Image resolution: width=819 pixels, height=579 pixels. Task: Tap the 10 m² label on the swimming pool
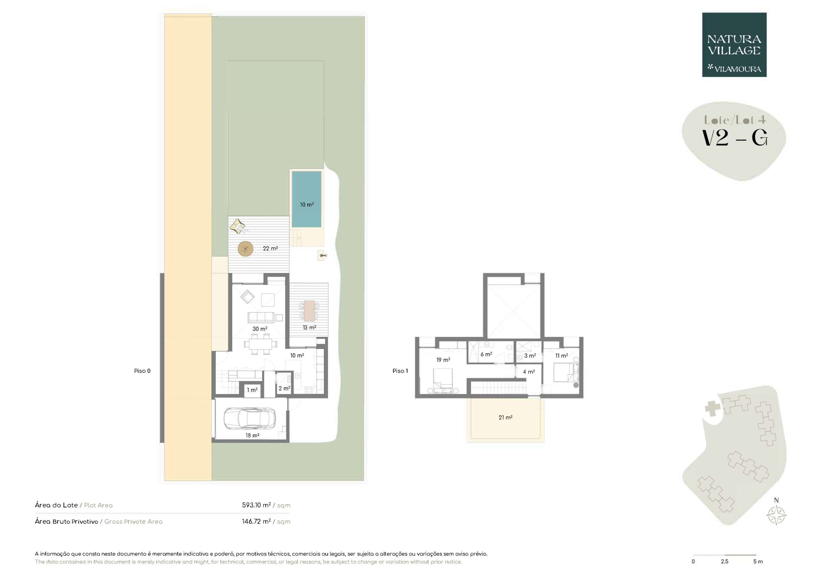[307, 205]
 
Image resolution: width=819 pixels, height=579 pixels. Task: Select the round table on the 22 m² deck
[245, 249]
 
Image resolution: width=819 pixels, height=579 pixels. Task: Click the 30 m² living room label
[260, 329]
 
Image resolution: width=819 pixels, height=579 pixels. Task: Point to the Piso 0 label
[142, 371]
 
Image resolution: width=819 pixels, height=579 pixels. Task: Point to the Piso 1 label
[400, 371]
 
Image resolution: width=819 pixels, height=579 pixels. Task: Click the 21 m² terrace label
[505, 417]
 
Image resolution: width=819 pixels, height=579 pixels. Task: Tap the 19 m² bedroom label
[443, 360]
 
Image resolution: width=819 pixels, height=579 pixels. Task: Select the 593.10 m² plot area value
[256, 505]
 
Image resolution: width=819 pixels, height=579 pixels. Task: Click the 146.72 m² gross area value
[256, 521]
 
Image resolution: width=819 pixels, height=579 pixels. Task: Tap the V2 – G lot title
[735, 138]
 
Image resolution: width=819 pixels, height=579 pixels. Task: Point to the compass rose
[776, 515]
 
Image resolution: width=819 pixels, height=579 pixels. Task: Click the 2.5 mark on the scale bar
[725, 561]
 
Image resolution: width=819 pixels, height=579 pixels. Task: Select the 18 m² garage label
[252, 435]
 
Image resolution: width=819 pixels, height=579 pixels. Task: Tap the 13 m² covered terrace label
[309, 327]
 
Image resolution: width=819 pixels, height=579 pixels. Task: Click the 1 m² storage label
[252, 390]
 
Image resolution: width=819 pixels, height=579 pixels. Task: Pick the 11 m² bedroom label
[561, 356]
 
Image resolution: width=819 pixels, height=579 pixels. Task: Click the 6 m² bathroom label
[486, 354]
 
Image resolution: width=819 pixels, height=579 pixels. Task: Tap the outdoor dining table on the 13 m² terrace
[309, 310]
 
